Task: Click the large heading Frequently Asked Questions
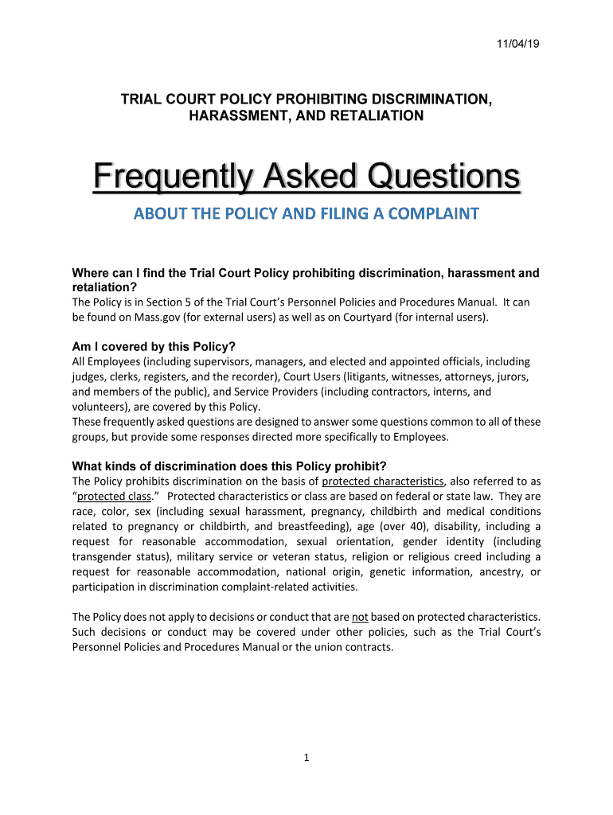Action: coord(306,177)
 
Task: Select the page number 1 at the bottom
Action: coord(306,758)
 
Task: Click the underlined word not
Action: coord(360,617)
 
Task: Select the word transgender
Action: coord(105,556)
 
